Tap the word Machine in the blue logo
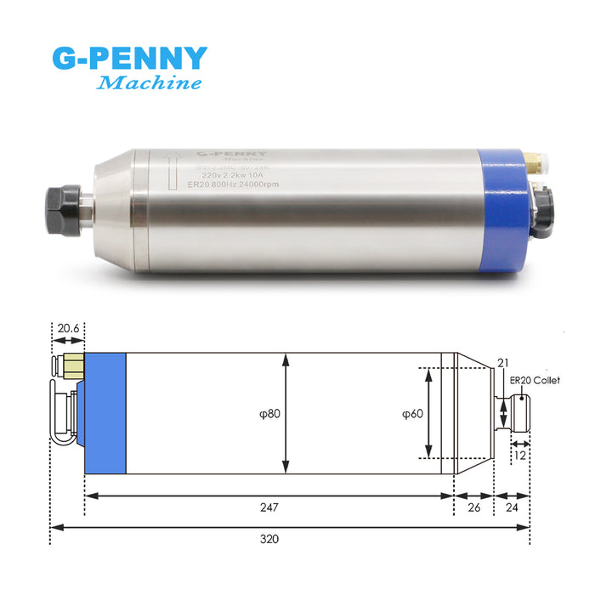(x=150, y=83)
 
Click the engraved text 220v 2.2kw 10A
(x=235, y=176)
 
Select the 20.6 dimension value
(x=68, y=327)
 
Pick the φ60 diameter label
(x=413, y=414)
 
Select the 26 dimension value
(x=473, y=507)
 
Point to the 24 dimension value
(x=512, y=507)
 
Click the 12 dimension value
(x=520, y=456)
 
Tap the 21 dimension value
(x=501, y=363)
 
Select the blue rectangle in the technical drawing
(x=105, y=414)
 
